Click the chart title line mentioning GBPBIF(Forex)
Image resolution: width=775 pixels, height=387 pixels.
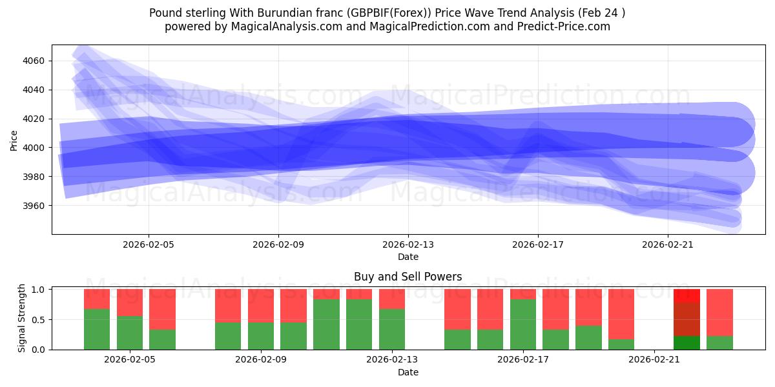[x=387, y=13]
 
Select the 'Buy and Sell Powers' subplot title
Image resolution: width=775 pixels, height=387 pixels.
[x=408, y=277]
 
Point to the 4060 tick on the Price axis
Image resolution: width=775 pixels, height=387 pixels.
[x=33, y=61]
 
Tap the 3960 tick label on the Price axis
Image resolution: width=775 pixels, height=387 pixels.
[x=33, y=206]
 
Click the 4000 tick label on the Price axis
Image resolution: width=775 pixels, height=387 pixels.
[x=33, y=148]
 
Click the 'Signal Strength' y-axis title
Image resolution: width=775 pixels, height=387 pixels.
[x=22, y=318]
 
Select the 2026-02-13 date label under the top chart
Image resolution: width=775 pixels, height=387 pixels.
[x=408, y=244]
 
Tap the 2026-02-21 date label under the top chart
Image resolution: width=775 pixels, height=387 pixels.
[x=667, y=244]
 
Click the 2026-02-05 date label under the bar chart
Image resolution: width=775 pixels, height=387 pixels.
[x=130, y=360]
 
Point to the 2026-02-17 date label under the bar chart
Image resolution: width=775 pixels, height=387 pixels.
[x=522, y=360]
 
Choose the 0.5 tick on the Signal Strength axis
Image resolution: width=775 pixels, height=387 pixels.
[x=39, y=319]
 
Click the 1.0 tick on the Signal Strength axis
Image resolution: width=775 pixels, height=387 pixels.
[x=39, y=290]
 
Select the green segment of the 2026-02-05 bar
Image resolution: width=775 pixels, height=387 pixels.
[x=130, y=333]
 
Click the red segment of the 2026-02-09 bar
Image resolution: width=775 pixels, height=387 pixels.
[x=261, y=305]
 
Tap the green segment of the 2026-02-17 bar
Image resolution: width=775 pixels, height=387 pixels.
[x=522, y=324]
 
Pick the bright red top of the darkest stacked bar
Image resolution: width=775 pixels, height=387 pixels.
[x=687, y=295]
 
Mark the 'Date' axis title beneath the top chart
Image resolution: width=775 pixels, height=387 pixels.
[x=408, y=257]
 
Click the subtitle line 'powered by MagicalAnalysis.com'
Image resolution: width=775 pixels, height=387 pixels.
[x=387, y=26]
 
